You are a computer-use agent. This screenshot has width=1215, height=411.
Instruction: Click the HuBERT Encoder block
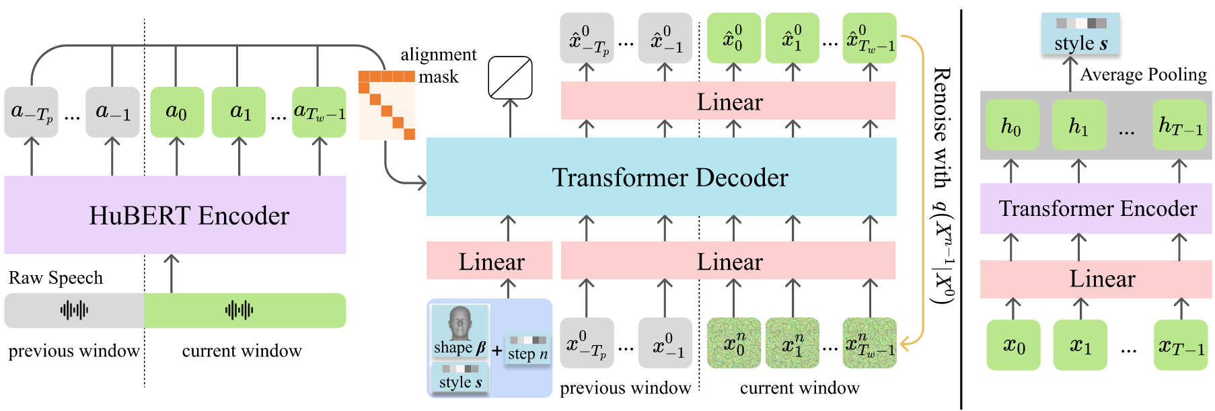click(x=175, y=215)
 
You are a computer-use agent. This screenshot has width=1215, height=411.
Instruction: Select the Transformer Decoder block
click(x=661, y=177)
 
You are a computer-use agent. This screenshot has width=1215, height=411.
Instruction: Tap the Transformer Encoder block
click(x=1097, y=209)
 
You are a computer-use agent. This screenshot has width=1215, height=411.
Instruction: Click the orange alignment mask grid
click(x=387, y=105)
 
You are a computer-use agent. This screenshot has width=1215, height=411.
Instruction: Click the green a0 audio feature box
click(x=177, y=112)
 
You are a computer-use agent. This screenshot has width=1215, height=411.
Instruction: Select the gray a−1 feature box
click(x=112, y=112)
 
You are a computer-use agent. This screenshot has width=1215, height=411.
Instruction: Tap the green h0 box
click(x=1012, y=125)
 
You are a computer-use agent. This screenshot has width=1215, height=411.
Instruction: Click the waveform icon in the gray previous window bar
click(x=74, y=310)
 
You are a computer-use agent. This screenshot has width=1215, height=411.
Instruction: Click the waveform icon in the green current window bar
click(x=240, y=310)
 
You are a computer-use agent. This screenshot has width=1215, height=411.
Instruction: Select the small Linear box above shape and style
click(x=490, y=261)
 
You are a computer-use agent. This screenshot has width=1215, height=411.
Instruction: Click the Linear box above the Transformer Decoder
click(x=729, y=101)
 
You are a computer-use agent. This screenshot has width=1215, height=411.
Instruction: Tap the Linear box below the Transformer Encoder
click(x=1097, y=278)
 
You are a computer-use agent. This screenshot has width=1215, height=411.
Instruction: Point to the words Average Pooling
click(x=1143, y=75)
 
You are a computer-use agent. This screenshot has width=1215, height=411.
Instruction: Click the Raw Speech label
click(x=56, y=278)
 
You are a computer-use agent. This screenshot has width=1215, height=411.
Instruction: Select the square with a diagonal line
click(x=510, y=77)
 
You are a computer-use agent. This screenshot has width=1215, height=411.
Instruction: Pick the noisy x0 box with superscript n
click(x=734, y=343)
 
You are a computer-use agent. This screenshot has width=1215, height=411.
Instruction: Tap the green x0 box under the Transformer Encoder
click(x=1013, y=345)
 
